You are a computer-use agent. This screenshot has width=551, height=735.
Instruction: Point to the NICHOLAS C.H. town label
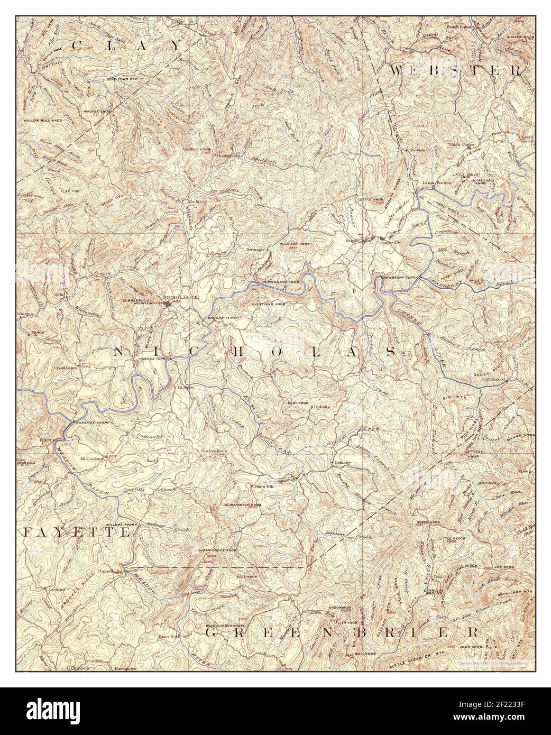click(x=181, y=297)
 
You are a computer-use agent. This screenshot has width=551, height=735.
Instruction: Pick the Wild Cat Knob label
click(x=295, y=244)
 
